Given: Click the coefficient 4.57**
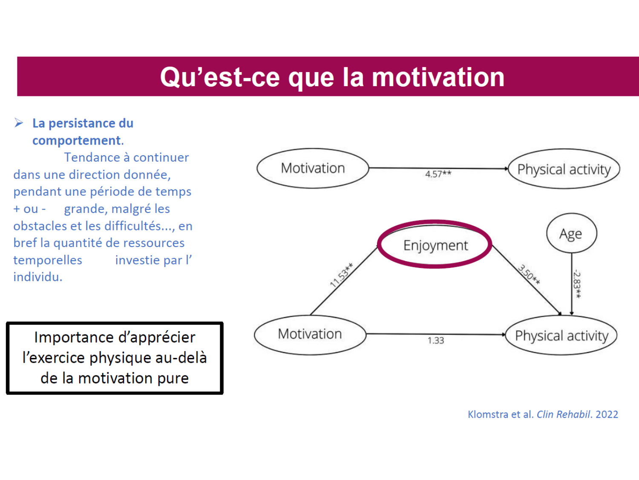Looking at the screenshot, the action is click(438, 174).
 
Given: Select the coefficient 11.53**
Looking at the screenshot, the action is click(342, 275).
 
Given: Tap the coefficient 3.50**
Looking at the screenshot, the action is click(529, 274).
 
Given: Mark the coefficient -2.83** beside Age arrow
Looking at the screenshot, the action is click(577, 285).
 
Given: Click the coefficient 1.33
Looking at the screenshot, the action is click(436, 340).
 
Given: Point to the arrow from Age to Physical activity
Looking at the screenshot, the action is click(572, 284).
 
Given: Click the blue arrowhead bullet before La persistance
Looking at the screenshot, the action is click(19, 123).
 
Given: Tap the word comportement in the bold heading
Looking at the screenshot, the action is click(77, 140).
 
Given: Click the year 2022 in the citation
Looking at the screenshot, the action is click(607, 414).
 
